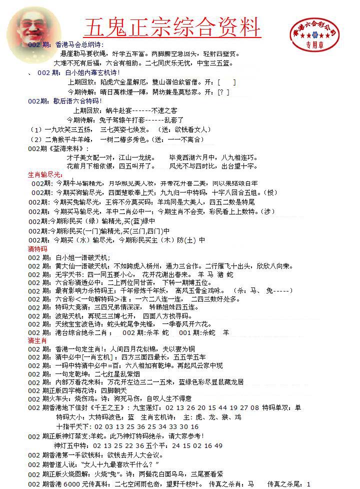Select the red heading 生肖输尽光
(45, 174)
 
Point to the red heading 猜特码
(37, 248)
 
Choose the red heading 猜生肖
(37, 340)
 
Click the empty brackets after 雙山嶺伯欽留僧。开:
(227, 82)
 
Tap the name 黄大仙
(65, 266)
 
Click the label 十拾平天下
(73, 426)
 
